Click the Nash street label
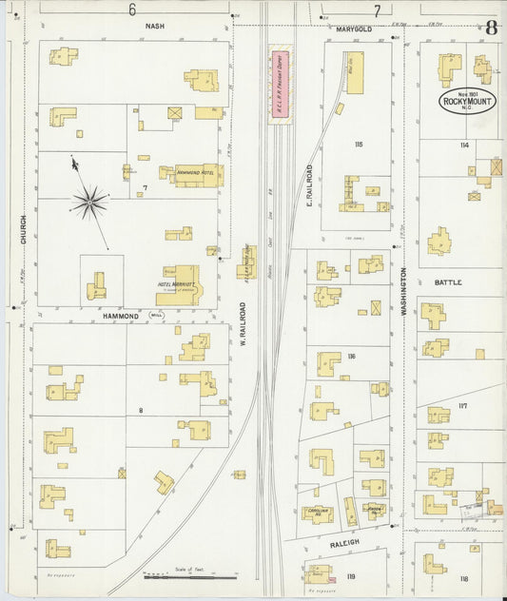(x=155, y=27)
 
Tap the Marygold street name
(x=354, y=29)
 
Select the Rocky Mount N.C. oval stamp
(x=467, y=101)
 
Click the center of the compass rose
(x=91, y=202)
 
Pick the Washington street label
(x=403, y=291)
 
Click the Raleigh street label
(x=345, y=542)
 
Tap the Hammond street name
(x=122, y=315)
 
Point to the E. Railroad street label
(x=309, y=184)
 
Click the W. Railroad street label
(x=243, y=322)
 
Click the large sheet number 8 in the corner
(x=491, y=27)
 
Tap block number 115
(x=358, y=144)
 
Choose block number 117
(x=462, y=406)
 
